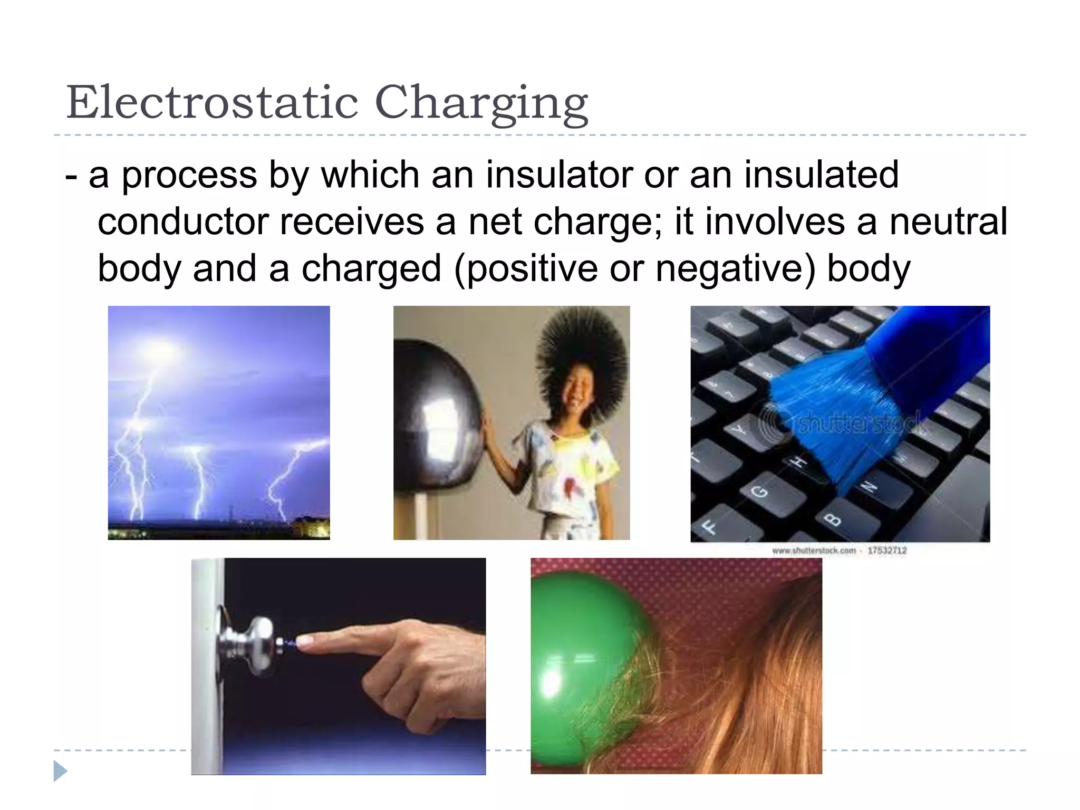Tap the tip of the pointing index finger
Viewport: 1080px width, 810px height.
[303, 641]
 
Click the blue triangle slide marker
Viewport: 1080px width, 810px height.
[60, 771]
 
